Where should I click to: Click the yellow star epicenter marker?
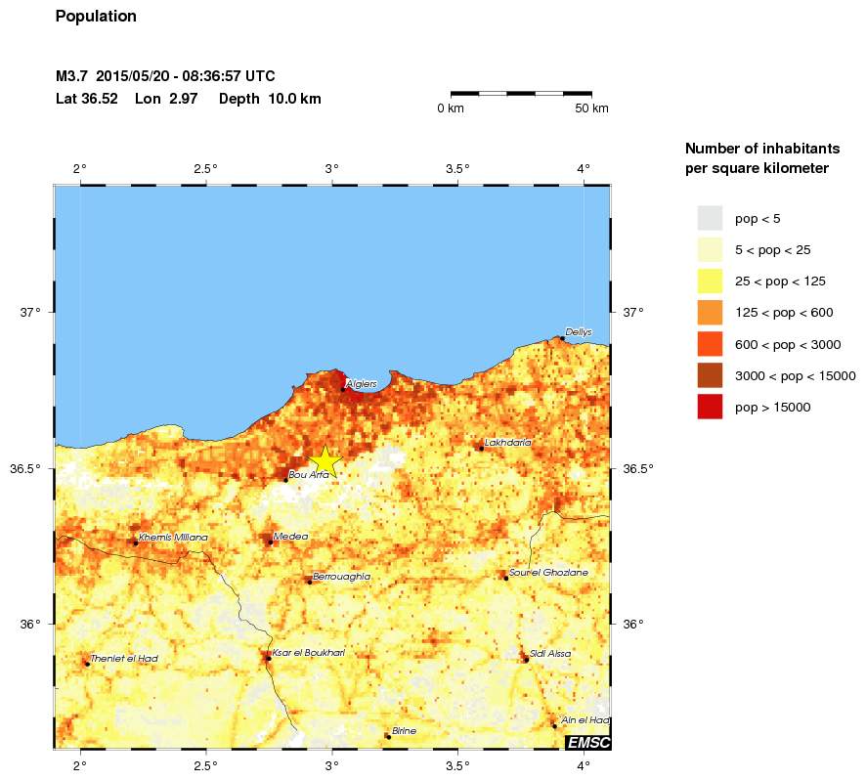(325, 461)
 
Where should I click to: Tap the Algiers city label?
(362, 384)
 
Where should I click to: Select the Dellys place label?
(579, 332)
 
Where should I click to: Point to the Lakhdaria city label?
(508, 443)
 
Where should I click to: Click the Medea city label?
(291, 537)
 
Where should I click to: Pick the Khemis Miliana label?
(173, 538)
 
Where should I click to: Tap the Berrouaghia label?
(341, 577)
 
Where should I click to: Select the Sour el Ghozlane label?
(548, 573)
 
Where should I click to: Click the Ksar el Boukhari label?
(308, 653)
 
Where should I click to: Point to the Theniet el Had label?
(123, 659)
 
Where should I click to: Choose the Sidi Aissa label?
(550, 654)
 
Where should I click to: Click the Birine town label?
(404, 731)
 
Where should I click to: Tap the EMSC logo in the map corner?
(588, 743)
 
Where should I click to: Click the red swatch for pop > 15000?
(710, 407)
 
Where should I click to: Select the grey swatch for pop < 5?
(710, 218)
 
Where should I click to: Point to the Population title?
(96, 17)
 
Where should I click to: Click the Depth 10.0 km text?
(270, 99)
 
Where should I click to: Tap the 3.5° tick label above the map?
(458, 168)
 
